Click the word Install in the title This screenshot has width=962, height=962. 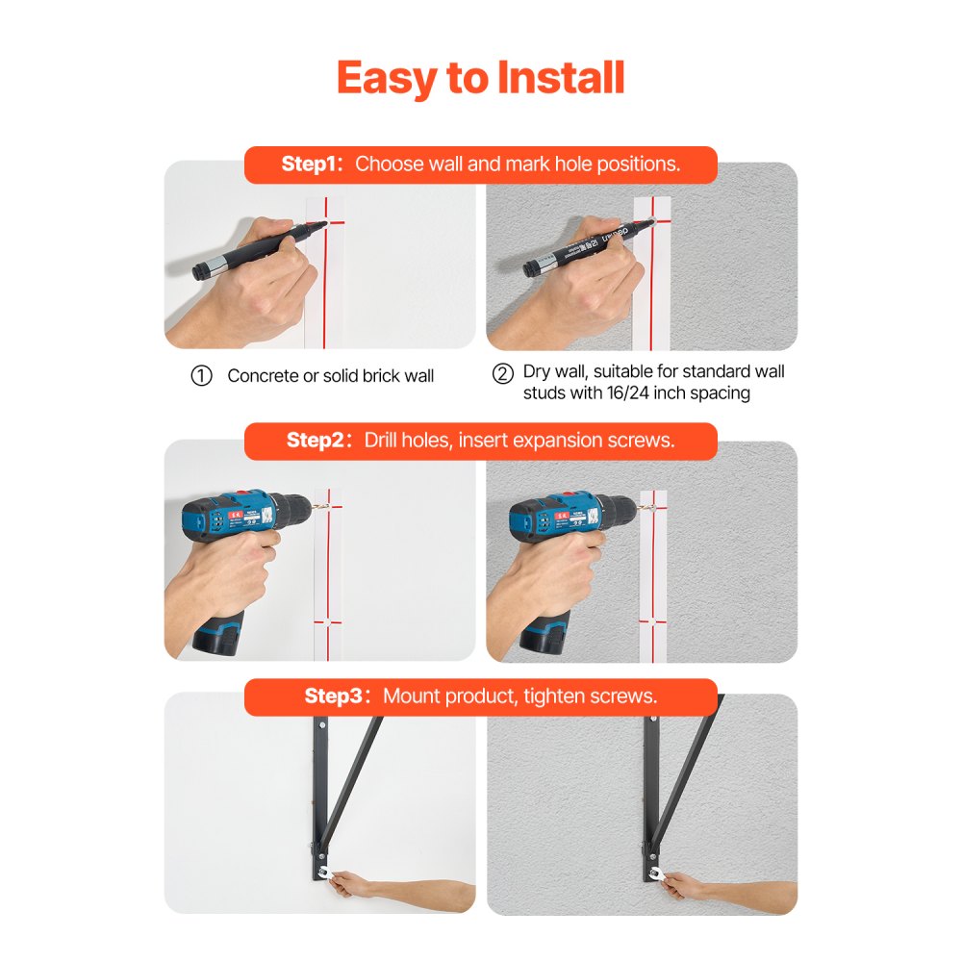pyautogui.click(x=562, y=78)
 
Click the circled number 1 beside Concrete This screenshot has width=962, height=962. pyautogui.click(x=201, y=376)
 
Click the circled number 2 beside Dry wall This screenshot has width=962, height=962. pyautogui.click(x=502, y=373)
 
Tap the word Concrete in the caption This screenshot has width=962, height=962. pyautogui.click(x=263, y=376)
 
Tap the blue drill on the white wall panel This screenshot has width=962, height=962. pyautogui.click(x=240, y=520)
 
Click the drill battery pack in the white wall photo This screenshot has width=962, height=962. pyautogui.click(x=223, y=635)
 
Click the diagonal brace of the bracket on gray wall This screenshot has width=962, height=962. pyautogui.click(x=682, y=779)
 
